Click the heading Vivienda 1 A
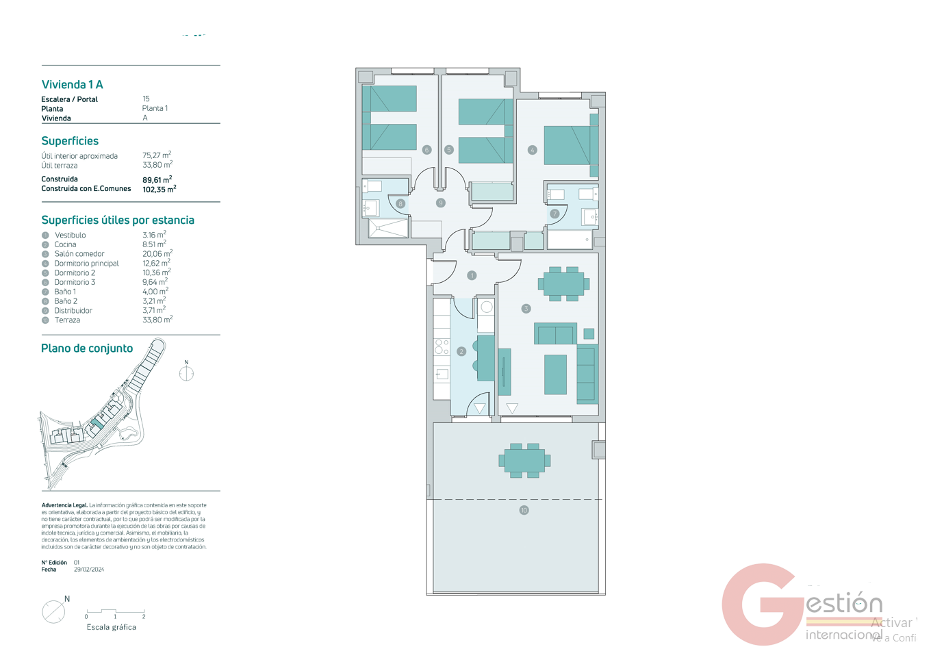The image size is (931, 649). [72, 85]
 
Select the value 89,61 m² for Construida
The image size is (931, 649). [157, 179]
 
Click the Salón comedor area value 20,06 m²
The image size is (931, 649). [157, 253]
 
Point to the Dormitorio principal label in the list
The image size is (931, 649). [86, 264]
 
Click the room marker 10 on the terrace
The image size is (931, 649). [524, 510]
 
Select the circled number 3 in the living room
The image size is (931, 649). [526, 309]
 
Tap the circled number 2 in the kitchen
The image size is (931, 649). [461, 351]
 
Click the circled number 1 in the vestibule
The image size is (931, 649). [472, 275]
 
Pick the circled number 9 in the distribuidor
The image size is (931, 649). [441, 203]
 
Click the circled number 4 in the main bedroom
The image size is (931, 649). [532, 150]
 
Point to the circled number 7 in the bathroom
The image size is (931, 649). [554, 214]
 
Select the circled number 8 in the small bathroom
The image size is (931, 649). [400, 203]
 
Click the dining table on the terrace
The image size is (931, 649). [524, 461]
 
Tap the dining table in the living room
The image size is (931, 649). [563, 283]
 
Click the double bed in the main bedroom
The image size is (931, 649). [567, 144]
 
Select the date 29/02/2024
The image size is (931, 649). [89, 570]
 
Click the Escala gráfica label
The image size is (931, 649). [111, 627]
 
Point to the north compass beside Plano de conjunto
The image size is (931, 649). [186, 373]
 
